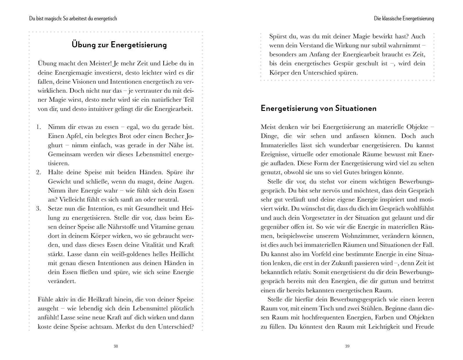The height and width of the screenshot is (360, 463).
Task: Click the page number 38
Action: tap(116, 346)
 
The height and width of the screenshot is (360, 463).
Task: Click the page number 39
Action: tap(347, 346)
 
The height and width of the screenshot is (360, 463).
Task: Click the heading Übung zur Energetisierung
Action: tap(119, 45)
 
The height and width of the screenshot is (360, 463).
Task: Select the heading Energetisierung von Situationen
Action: tap(318, 108)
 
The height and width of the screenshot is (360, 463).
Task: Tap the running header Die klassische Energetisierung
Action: tap(404, 19)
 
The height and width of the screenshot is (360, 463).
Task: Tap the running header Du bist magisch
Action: tap(73, 19)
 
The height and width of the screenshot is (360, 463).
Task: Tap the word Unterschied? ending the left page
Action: tap(176, 327)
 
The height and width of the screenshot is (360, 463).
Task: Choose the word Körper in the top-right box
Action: tap(279, 73)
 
